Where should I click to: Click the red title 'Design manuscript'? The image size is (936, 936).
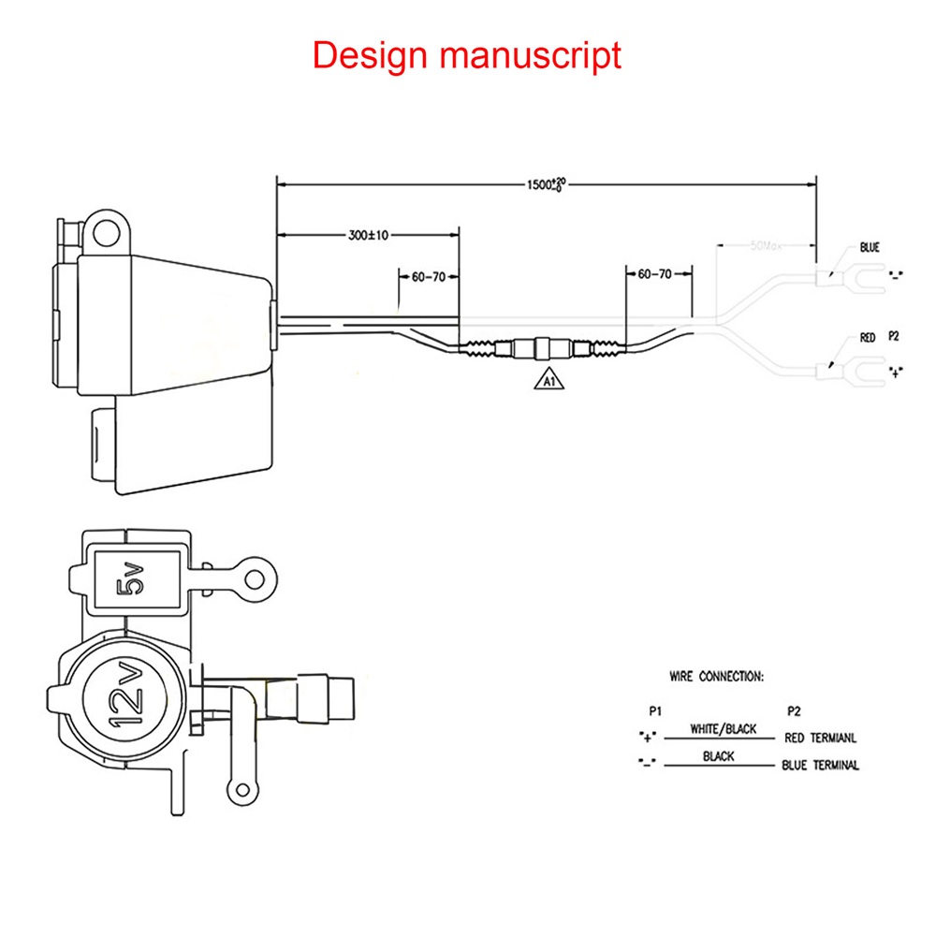pyautogui.click(x=466, y=55)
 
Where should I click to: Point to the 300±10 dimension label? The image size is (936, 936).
pyautogui.click(x=368, y=235)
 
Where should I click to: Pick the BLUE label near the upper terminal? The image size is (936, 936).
pyautogui.click(x=870, y=249)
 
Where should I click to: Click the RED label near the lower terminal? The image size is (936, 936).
pyautogui.click(x=867, y=337)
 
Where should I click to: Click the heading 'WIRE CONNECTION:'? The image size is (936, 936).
pyautogui.click(x=716, y=675)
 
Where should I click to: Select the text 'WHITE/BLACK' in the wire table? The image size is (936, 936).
pyautogui.click(x=723, y=728)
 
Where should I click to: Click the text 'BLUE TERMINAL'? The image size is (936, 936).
pyautogui.click(x=820, y=765)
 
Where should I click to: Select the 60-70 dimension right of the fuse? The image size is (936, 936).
pyautogui.click(x=654, y=275)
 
